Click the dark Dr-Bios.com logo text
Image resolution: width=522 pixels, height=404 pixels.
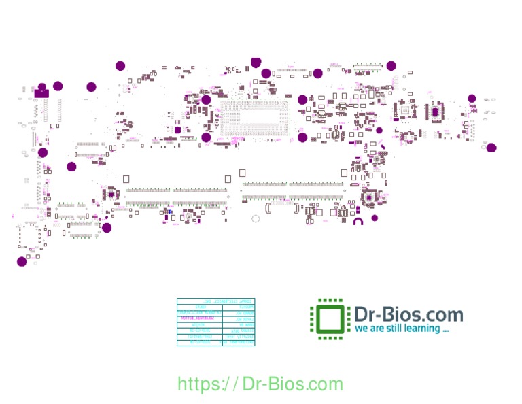[408, 314]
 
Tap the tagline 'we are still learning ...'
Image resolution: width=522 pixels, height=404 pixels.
[402, 329]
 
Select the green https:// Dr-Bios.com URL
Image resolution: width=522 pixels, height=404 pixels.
[260, 384]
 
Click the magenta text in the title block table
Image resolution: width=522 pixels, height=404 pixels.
[198, 318]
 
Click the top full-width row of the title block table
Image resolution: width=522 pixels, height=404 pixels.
[215, 301]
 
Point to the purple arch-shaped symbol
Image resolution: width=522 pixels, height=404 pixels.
[359, 220]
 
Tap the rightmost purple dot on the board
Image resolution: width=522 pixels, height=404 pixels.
[491, 148]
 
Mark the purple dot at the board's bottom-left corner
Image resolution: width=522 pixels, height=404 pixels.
[22, 261]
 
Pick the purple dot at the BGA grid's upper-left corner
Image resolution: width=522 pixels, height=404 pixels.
[206, 100]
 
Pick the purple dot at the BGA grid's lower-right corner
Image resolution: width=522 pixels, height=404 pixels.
[302, 137]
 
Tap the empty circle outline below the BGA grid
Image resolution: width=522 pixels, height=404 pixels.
[256, 219]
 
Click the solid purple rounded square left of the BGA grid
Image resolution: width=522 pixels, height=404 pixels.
[178, 129]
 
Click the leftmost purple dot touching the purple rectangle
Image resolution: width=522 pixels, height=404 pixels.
[42, 87]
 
